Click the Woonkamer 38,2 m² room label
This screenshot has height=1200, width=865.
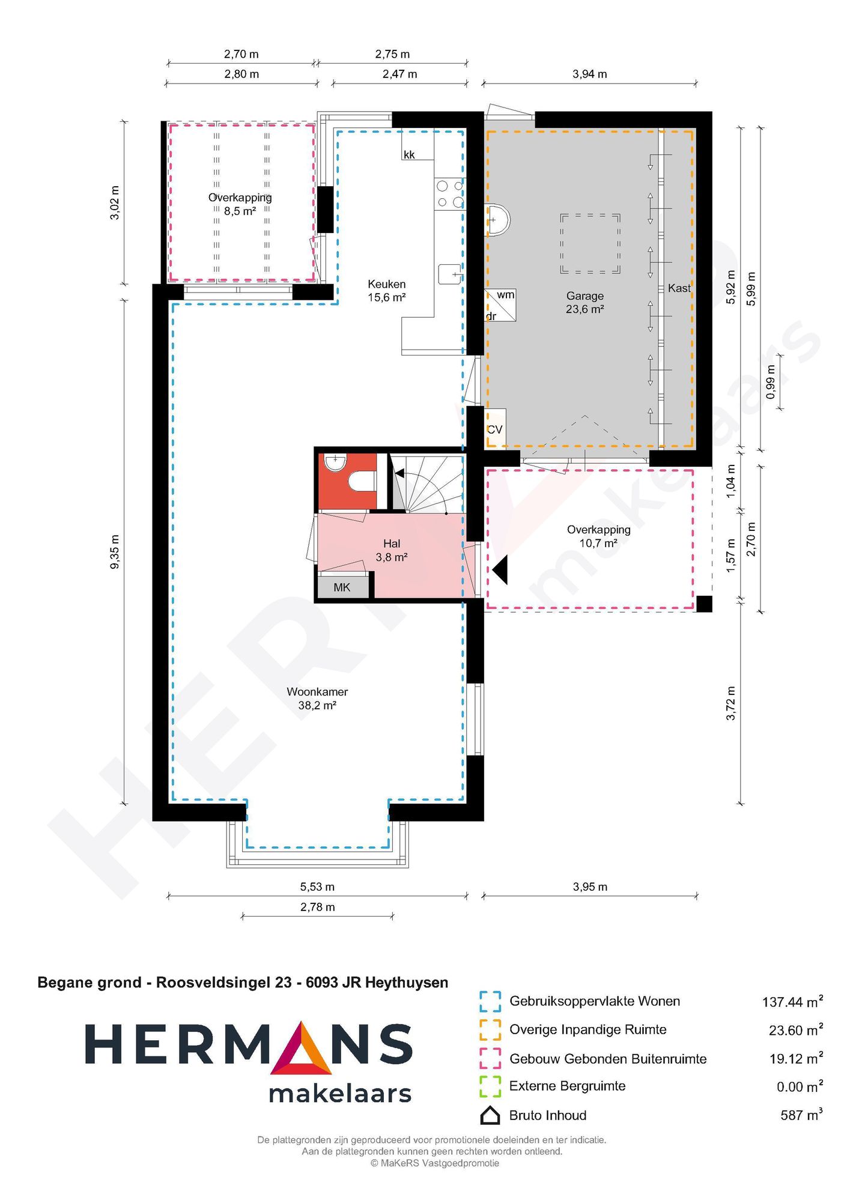(317, 698)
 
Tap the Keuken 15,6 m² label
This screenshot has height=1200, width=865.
(386, 290)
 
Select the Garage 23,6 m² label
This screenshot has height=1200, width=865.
(584, 302)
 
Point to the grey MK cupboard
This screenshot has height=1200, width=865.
(342, 587)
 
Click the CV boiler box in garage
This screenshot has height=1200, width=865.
(495, 429)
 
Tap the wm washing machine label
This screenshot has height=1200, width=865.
(505, 295)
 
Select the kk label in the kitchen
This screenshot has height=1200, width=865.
(409, 155)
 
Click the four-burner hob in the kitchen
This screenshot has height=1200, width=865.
(449, 194)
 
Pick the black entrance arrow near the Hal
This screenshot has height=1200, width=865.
(501, 569)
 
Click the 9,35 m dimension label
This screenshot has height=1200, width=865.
(115, 551)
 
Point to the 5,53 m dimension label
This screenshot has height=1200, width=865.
(317, 886)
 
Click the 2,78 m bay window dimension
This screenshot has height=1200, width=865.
(317, 907)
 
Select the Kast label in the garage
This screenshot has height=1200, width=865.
(679, 288)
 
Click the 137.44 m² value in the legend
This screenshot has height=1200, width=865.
(792, 1002)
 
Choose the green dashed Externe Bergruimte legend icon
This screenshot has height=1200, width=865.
(490, 1086)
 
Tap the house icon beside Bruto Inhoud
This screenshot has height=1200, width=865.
(490, 1115)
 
